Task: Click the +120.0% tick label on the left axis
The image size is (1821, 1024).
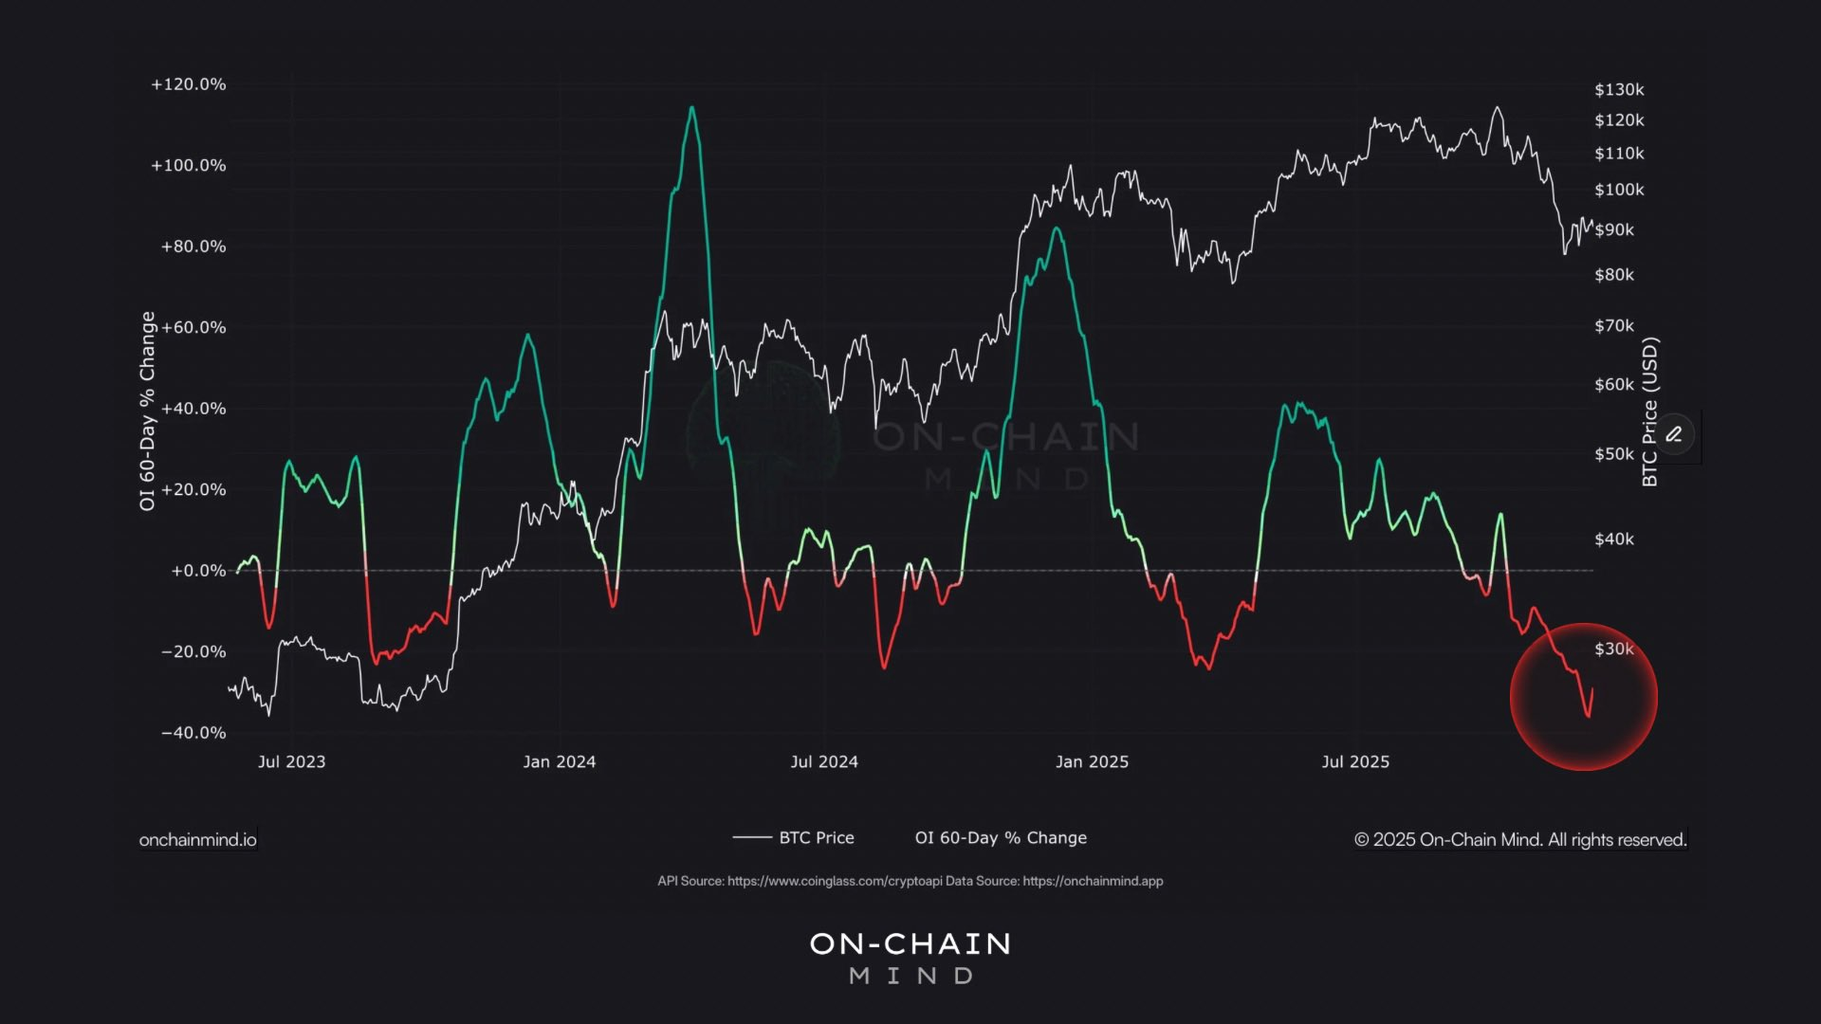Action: [188, 84]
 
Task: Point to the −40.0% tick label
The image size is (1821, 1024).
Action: [193, 733]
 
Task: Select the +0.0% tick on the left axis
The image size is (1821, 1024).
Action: [198, 571]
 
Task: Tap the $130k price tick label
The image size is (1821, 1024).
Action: [1619, 90]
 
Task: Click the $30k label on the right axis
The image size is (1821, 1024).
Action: [1614, 649]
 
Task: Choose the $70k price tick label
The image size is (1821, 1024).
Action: [1614, 326]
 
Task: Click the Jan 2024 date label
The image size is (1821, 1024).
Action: [560, 762]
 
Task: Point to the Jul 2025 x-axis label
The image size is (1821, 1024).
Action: [1355, 762]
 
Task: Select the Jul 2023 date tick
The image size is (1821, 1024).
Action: [291, 762]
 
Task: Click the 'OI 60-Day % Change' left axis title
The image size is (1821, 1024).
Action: [147, 411]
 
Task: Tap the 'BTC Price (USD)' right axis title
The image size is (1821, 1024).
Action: [1650, 411]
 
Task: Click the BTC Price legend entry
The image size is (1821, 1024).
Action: [795, 838]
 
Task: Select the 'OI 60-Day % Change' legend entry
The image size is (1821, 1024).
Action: [1001, 838]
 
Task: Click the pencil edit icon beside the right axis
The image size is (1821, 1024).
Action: [1674, 434]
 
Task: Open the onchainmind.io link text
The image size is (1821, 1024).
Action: [197, 840]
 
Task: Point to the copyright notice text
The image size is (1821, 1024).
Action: [1520, 840]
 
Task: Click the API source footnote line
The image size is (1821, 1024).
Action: [910, 882]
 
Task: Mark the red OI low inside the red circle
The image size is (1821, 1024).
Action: [1589, 716]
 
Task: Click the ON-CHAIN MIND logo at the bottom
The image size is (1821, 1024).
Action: [910, 958]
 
